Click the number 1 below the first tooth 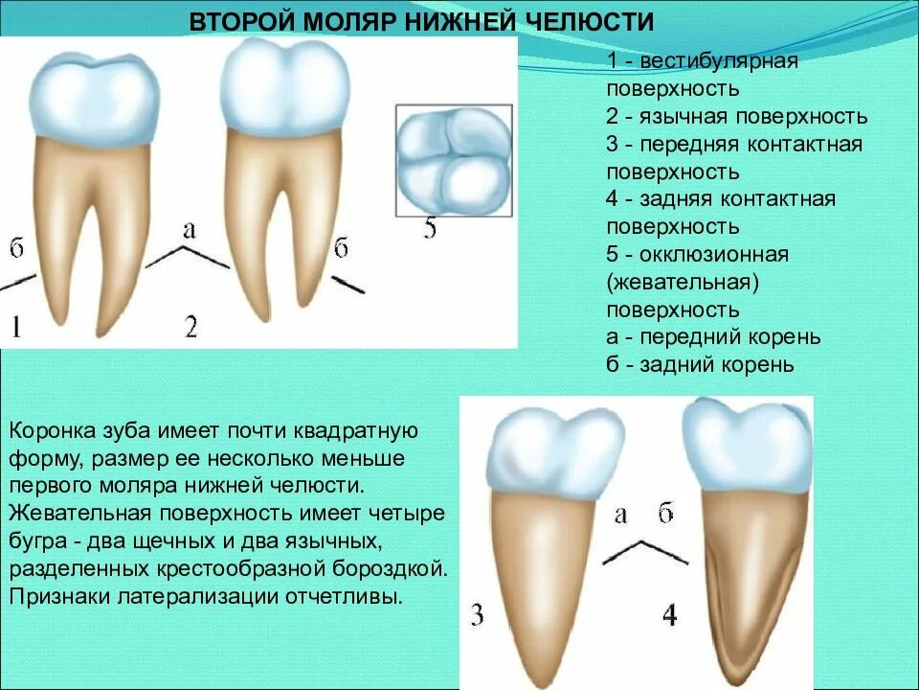pyautogui.click(x=16, y=328)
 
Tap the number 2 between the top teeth pyautogui.click(x=191, y=328)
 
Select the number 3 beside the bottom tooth pyautogui.click(x=477, y=614)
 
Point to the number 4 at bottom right pyautogui.click(x=669, y=614)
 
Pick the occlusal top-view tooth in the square pyautogui.click(x=454, y=163)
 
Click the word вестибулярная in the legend pyautogui.click(x=720, y=62)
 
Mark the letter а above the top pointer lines pyautogui.click(x=189, y=228)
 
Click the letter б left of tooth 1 pyautogui.click(x=16, y=248)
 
